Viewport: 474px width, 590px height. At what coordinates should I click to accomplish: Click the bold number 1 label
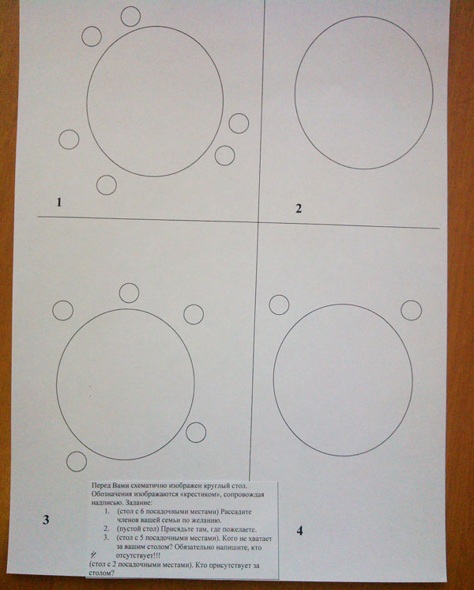(x=58, y=202)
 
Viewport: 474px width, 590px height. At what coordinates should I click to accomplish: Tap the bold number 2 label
(x=299, y=209)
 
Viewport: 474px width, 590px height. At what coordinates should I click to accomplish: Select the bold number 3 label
(x=46, y=520)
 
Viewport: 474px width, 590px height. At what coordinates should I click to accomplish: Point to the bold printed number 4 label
(x=299, y=531)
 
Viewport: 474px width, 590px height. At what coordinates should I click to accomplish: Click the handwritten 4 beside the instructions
(x=93, y=554)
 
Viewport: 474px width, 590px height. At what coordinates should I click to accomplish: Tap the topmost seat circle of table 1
(x=130, y=16)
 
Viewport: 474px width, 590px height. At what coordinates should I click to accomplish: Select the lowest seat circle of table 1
(x=107, y=185)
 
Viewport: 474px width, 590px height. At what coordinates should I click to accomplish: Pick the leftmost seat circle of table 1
(x=69, y=139)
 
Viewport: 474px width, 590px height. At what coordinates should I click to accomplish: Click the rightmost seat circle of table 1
(x=239, y=123)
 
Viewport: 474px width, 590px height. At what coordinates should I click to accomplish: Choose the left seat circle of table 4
(x=280, y=304)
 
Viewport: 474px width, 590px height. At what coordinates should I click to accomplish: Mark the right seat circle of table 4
(x=412, y=311)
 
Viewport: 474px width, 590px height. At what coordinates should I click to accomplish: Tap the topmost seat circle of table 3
(x=129, y=293)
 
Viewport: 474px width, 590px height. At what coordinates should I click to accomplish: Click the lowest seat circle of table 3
(x=77, y=462)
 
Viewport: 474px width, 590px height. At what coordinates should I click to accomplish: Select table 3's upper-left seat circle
(x=62, y=311)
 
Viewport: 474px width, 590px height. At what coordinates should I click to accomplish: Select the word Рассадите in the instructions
(x=236, y=512)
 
